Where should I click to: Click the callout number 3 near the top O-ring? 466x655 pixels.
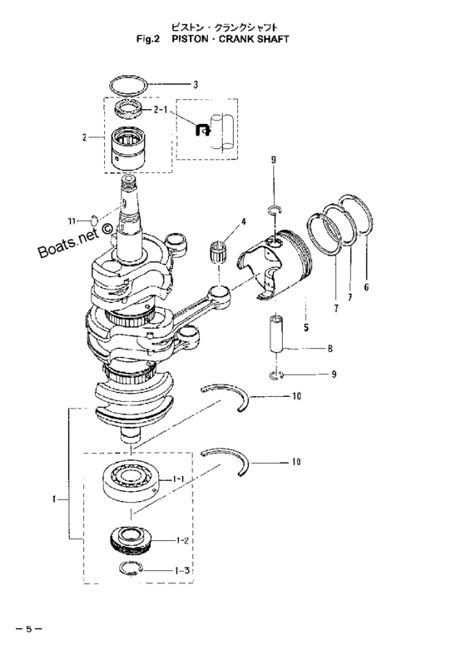click(x=196, y=85)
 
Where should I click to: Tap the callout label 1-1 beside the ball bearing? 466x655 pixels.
click(x=178, y=479)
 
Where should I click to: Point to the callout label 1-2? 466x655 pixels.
click(x=182, y=540)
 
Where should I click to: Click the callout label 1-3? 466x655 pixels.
click(x=183, y=570)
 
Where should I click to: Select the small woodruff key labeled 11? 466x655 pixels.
click(x=95, y=220)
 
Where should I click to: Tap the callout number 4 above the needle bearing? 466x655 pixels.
click(x=243, y=222)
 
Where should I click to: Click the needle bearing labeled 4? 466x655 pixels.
click(x=216, y=251)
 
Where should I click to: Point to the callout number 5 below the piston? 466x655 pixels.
click(x=306, y=328)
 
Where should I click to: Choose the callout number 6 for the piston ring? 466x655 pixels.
click(x=366, y=287)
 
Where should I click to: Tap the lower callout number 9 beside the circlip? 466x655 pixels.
click(x=334, y=375)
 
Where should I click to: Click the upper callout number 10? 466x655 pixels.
click(x=296, y=395)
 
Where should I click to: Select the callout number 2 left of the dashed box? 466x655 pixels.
click(x=84, y=137)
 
